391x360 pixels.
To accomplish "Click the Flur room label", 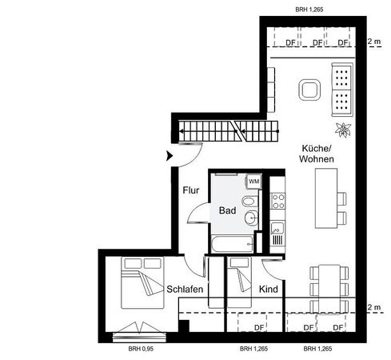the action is (191, 190).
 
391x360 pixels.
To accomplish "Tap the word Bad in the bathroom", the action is (227, 210).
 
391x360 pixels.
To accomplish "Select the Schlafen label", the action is (185, 289).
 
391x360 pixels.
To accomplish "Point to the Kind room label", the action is (269, 289).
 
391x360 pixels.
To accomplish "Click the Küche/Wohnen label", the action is (317, 154).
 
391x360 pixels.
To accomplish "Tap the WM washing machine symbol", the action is (253, 182).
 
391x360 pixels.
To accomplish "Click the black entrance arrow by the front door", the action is (170, 156).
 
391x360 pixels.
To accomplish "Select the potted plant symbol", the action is (343, 130).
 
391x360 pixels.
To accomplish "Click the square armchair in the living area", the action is (309, 90).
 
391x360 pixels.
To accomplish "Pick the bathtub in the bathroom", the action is (232, 244).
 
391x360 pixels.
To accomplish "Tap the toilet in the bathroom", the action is (250, 201).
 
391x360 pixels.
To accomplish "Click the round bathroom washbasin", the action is (251, 218).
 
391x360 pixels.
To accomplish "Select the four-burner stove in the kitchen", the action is (277, 201).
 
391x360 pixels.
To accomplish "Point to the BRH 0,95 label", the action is (141, 349).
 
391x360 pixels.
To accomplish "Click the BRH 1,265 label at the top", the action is (309, 10).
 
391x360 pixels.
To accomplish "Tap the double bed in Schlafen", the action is (142, 282).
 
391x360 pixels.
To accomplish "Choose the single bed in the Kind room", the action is (240, 282).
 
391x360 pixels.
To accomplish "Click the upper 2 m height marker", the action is (374, 42).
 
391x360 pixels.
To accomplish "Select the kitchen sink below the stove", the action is (277, 233).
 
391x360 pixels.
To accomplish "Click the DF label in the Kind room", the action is (259, 328).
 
